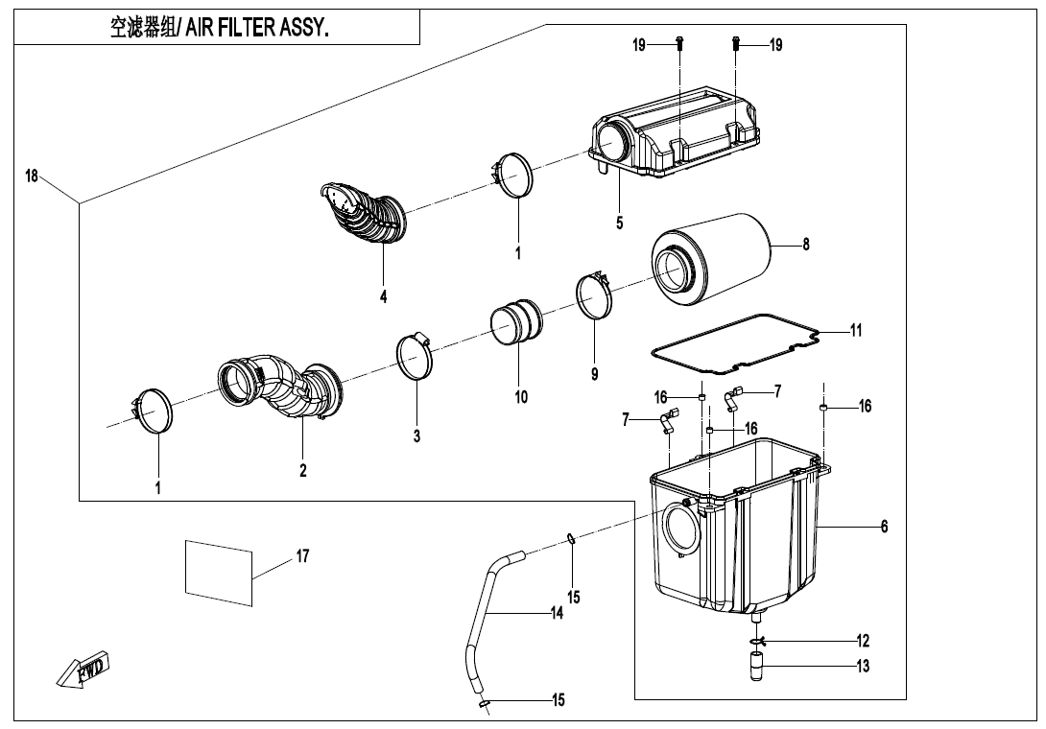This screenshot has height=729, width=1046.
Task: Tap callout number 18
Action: pos(32,176)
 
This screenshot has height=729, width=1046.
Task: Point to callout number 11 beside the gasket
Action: pos(856,330)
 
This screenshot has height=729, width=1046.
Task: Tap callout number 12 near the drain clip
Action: pos(863,640)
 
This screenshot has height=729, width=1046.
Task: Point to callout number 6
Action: pos(884,526)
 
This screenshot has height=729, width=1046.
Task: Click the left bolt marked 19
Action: pos(679,43)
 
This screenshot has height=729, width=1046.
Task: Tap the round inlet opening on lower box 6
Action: pos(681,529)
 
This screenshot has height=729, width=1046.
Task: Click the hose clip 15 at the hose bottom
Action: pos(484,705)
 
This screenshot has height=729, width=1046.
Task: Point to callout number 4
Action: pos(383,296)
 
